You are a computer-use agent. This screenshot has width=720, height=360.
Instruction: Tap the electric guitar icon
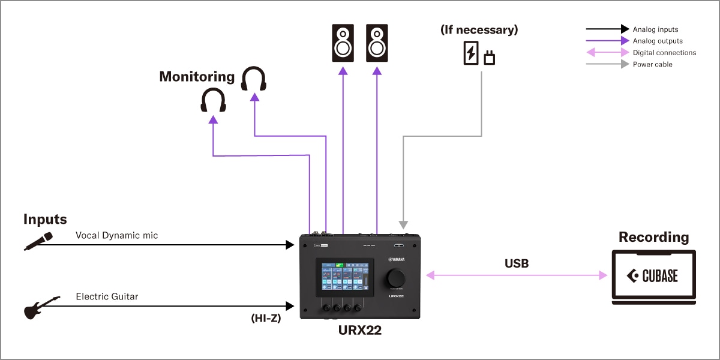tap(41, 307)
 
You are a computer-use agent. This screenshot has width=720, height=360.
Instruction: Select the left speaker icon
tap(343, 43)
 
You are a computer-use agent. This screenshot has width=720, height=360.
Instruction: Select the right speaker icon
tap(377, 43)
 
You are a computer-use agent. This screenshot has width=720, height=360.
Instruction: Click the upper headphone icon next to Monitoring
tap(254, 79)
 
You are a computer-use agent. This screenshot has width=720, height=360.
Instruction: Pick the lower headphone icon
tap(213, 100)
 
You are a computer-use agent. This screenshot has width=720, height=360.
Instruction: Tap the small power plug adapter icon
tap(490, 58)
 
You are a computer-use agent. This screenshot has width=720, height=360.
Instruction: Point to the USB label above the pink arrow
tap(516, 263)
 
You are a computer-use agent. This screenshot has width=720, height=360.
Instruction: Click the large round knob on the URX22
tap(396, 278)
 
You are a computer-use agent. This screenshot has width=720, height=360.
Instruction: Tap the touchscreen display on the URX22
tap(345, 278)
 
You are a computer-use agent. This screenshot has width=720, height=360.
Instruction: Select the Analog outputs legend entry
tap(658, 41)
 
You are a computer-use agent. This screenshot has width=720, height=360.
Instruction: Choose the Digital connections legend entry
tap(664, 53)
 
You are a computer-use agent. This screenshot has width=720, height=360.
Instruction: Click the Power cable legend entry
tap(652, 64)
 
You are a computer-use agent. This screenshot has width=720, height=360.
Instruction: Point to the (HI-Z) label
tap(266, 319)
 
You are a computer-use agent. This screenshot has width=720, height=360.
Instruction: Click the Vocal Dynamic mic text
tap(117, 236)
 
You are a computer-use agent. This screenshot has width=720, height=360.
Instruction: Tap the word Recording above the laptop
tap(653, 237)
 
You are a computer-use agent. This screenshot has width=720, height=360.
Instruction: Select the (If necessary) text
tap(479, 29)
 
